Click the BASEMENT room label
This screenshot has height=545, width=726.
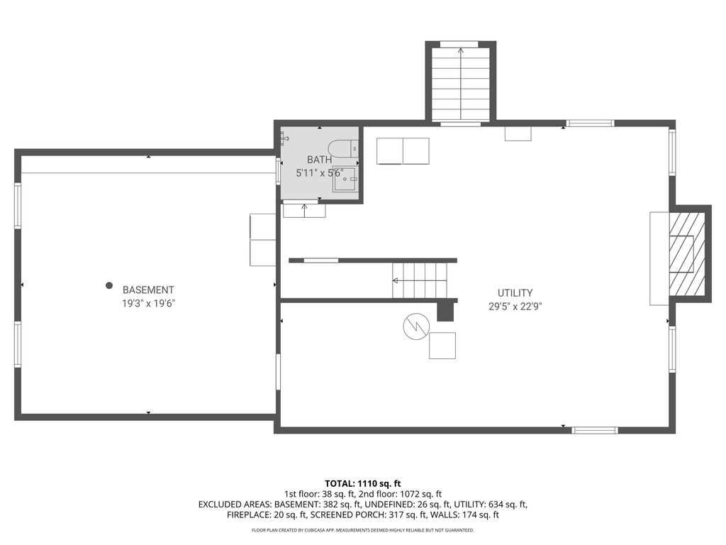coord(148,290)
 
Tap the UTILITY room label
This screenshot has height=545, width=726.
coord(515,293)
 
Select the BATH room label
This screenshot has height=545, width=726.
coord(320,160)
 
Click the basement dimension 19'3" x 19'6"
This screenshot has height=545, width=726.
coord(148,304)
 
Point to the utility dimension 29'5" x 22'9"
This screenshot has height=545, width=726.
coord(515,307)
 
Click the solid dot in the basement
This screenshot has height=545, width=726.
coord(108,285)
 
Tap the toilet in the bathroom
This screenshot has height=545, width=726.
coord(343,148)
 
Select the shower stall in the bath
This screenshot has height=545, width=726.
coord(345,180)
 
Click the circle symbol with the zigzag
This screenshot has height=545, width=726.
coord(416,326)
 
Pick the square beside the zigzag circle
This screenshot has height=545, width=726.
coord(442,346)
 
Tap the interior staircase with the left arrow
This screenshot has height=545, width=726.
coord(420,280)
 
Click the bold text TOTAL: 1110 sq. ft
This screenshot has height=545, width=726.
coord(362,484)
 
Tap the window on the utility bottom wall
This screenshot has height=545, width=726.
coord(595,431)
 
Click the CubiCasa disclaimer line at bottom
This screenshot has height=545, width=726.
coord(362,530)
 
